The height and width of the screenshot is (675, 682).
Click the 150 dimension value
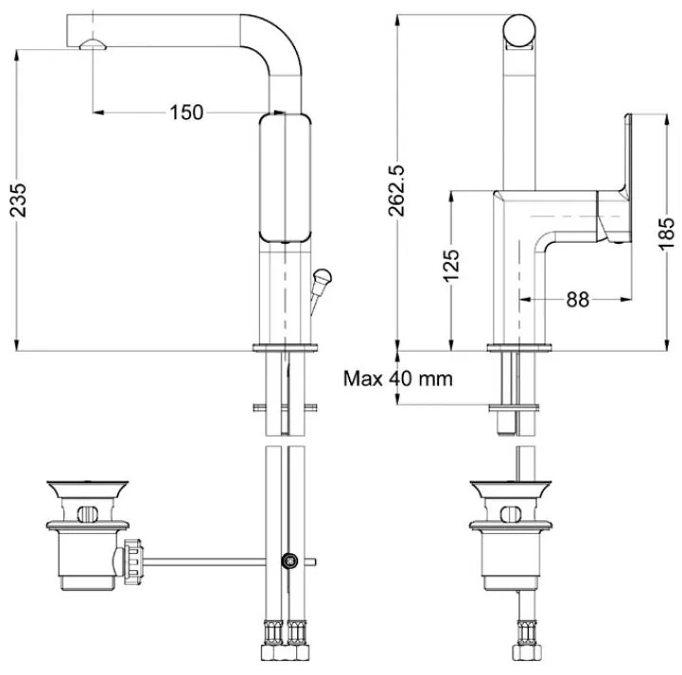click(x=186, y=112)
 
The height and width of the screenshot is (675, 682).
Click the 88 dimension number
click(x=577, y=299)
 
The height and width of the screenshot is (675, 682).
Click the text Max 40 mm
click(x=397, y=380)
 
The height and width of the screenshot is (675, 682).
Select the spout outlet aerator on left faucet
click(x=92, y=44)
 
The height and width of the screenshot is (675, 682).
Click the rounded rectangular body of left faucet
click(x=285, y=180)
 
